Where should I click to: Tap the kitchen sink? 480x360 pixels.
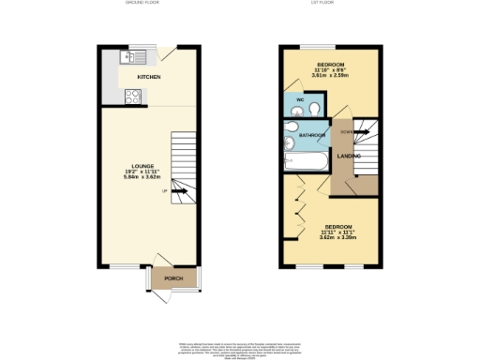pos(127,57)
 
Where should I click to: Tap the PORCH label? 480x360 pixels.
pos(173,278)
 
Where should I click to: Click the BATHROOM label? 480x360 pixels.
pos(311,135)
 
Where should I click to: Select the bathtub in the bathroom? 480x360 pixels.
pos(304,162)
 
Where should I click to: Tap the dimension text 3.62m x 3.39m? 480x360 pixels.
pos(337,237)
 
